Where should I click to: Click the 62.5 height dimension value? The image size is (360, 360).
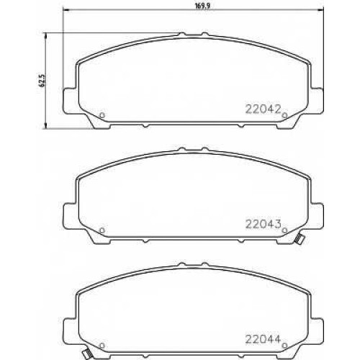[x=42, y=81]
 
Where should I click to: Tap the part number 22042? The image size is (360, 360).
[x=263, y=109]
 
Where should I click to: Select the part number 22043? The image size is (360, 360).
[x=263, y=225]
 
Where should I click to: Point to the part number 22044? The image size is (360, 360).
[x=263, y=339]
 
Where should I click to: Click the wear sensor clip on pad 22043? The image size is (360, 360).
[x=299, y=239]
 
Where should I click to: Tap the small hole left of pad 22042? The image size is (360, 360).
[x=102, y=115]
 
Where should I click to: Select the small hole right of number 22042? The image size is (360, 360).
[x=284, y=115]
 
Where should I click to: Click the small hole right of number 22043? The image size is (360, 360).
[x=284, y=230]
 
